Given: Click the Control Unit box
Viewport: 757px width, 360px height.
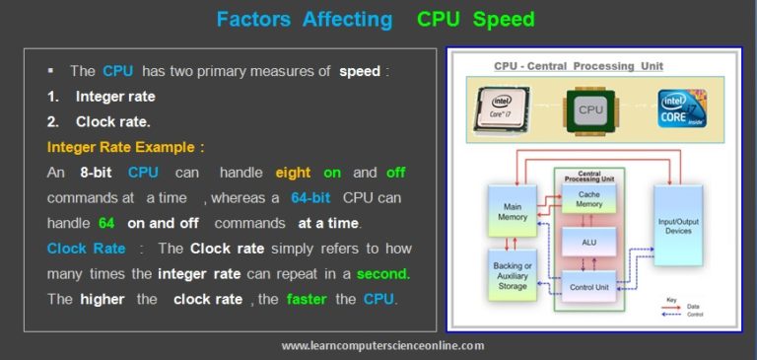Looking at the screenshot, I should [x=587, y=286].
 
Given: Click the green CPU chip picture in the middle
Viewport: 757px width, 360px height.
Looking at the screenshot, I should [x=589, y=108].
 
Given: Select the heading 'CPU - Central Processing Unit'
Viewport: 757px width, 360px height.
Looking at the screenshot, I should [x=578, y=66].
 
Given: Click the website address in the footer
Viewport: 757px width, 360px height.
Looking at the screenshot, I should [x=381, y=345].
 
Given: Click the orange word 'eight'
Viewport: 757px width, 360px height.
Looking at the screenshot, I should [x=293, y=172].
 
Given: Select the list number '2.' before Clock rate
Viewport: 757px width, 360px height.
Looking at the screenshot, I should [x=53, y=121].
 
